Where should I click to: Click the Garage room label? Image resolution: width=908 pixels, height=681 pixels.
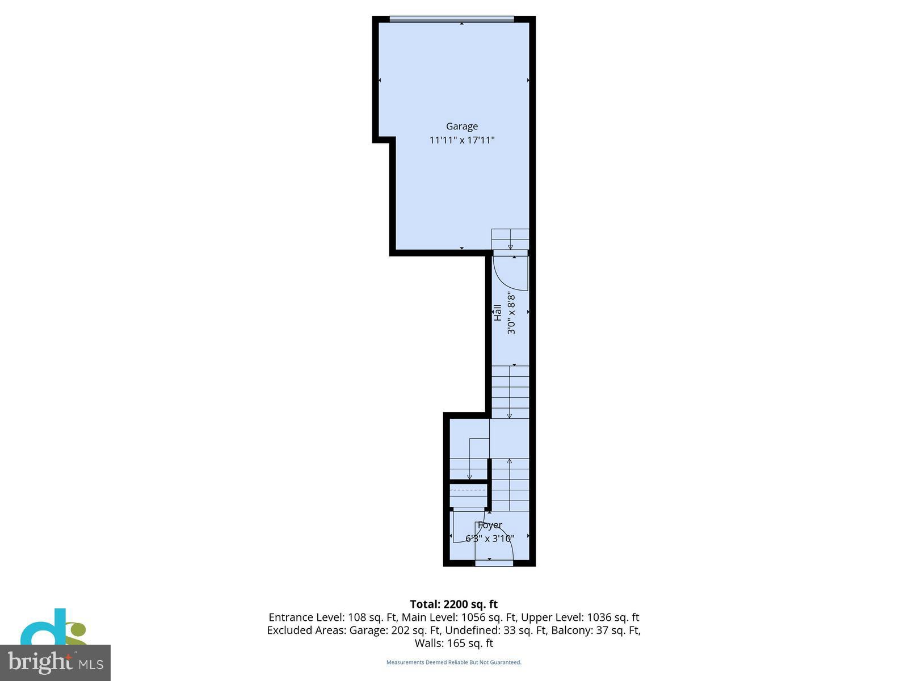click(x=461, y=127)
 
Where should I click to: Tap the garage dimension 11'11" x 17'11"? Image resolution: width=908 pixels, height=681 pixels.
click(x=461, y=140)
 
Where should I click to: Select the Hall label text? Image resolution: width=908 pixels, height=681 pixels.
click(x=498, y=313)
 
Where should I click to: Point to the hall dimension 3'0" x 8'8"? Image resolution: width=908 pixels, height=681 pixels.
click(x=511, y=313)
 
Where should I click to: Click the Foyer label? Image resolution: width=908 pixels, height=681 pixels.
click(x=490, y=525)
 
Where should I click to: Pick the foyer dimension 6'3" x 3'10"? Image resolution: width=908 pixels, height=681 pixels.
click(x=490, y=539)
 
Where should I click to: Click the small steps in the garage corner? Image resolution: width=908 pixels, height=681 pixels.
click(x=510, y=239)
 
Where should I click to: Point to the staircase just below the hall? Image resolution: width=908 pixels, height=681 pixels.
click(x=510, y=392)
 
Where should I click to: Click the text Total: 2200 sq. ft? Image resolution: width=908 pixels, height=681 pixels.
click(x=453, y=604)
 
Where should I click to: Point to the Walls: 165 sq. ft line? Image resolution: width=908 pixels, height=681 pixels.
click(x=453, y=644)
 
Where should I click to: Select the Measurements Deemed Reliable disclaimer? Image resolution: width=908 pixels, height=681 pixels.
click(x=453, y=662)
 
